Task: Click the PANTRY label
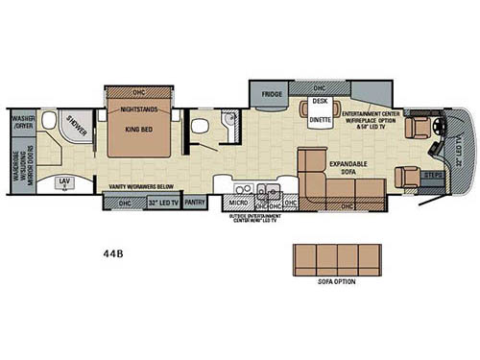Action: [x=196, y=202]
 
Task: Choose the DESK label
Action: [x=319, y=102]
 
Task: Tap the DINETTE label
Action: [x=319, y=120]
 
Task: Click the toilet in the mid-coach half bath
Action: [x=199, y=126]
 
